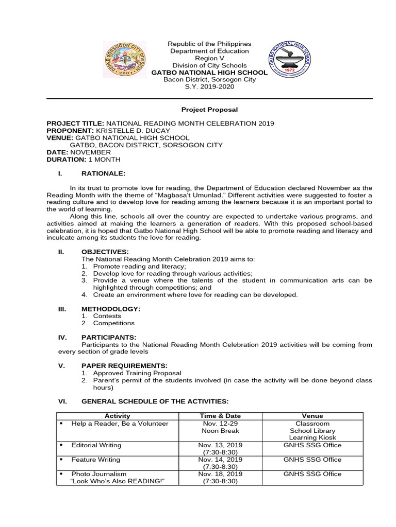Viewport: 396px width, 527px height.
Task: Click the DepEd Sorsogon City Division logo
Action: [x=125, y=60]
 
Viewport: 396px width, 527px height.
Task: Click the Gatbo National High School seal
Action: [x=288, y=60]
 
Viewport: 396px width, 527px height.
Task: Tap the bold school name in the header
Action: [x=209, y=73]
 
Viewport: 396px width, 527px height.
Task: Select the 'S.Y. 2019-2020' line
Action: [x=209, y=87]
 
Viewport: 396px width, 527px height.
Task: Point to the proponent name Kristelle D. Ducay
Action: [x=140, y=131]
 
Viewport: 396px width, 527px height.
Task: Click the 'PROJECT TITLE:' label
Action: [x=75, y=124]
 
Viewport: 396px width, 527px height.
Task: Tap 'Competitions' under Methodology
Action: [x=113, y=323]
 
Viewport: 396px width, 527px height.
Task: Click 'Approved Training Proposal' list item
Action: [x=137, y=373]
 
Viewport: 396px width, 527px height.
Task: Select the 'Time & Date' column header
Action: [x=220, y=416]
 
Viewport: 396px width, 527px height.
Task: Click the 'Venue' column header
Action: [x=312, y=416]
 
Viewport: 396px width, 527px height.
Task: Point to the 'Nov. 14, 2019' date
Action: [x=220, y=460]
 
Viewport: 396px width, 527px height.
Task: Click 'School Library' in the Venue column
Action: [x=312, y=431]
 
